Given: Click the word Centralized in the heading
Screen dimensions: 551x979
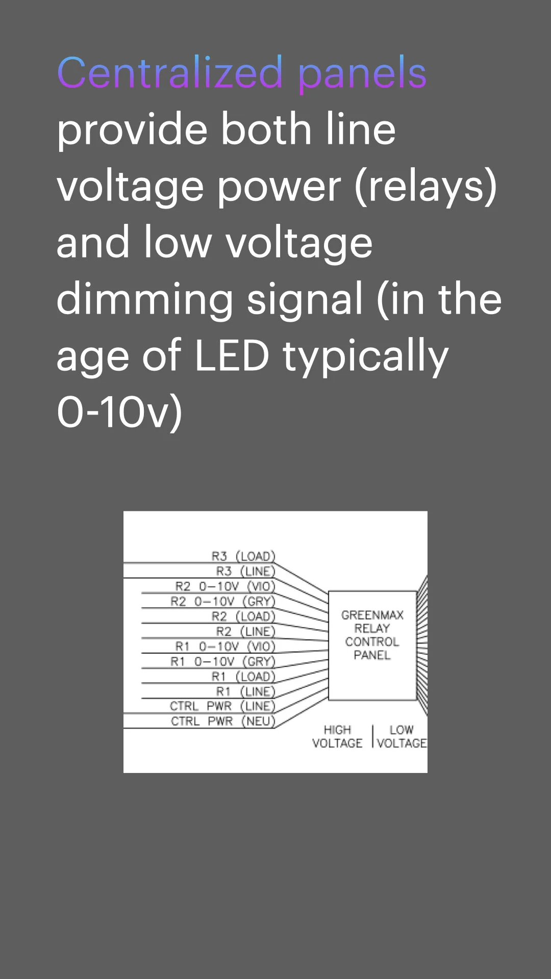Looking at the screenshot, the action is (169, 72).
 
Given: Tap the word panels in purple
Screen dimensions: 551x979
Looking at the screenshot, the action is (362, 74).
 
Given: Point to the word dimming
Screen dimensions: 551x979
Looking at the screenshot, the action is (145, 300).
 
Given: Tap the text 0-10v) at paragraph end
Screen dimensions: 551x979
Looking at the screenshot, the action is (119, 412).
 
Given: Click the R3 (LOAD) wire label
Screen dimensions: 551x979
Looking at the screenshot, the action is (243, 556).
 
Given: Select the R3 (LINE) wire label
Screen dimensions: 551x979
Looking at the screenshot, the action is (245, 571).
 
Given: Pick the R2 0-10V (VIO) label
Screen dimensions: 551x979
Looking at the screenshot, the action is (225, 586).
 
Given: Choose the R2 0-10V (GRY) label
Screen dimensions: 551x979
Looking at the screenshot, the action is (223, 601).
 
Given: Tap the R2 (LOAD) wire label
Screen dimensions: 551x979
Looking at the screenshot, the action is (243, 616).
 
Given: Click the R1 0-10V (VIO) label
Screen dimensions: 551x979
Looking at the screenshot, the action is (225, 647).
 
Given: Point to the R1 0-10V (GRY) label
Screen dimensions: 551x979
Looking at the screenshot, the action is (223, 661).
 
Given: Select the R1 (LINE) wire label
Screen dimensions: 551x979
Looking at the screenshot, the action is (245, 691).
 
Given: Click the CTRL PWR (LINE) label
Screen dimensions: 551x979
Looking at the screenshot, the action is (222, 706).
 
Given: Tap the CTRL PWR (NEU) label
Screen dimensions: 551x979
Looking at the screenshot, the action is (223, 721).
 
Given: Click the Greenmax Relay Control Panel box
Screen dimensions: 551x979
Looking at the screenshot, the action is (372, 645).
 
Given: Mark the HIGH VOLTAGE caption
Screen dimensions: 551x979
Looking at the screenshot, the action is (337, 736).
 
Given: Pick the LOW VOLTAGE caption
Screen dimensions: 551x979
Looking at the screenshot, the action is (402, 736).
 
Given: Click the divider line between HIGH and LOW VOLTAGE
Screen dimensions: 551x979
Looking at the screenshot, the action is (373, 736).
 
